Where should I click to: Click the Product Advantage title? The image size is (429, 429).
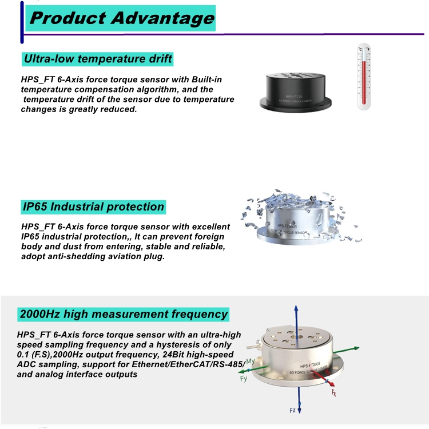(x=122, y=18)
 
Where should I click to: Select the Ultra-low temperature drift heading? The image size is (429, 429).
(x=97, y=59)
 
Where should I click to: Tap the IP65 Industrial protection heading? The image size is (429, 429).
(x=93, y=207)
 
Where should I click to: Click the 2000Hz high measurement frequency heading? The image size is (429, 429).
(x=124, y=314)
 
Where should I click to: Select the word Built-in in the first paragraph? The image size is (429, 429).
(x=208, y=80)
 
